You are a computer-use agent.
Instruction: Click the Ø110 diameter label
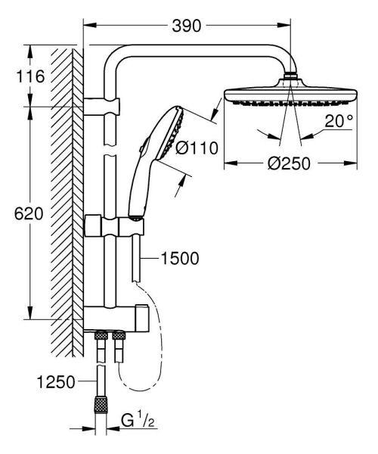pyautogui.click(x=197, y=148)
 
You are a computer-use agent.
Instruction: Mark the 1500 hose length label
pyautogui.click(x=179, y=260)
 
